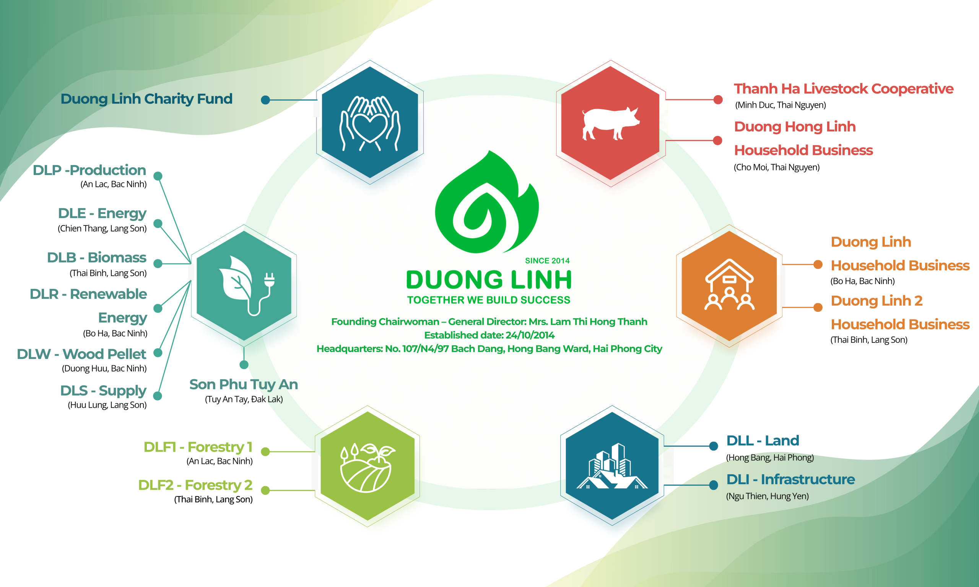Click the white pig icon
pyautogui.click(x=611, y=123)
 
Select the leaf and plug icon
pyautogui.click(x=246, y=285)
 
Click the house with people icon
pyautogui.click(x=729, y=284)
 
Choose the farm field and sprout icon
pyautogui.click(x=367, y=467)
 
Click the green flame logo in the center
pyautogui.click(x=487, y=202)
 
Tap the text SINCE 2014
pyautogui.click(x=547, y=261)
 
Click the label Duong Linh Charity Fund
pyautogui.click(x=146, y=99)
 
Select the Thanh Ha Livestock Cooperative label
pyautogui.click(x=844, y=89)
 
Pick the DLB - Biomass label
pyautogui.click(x=96, y=258)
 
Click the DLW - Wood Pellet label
pyautogui.click(x=81, y=353)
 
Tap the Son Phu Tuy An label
pyautogui.click(x=243, y=384)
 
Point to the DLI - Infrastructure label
pyautogui.click(x=790, y=479)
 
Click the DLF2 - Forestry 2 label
pyautogui.click(x=195, y=485)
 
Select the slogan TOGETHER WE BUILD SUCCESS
pyautogui.click(x=489, y=300)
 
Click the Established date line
pyautogui.click(x=489, y=335)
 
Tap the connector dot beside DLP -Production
pyautogui.click(x=158, y=176)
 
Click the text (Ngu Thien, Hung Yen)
pyautogui.click(x=767, y=496)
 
